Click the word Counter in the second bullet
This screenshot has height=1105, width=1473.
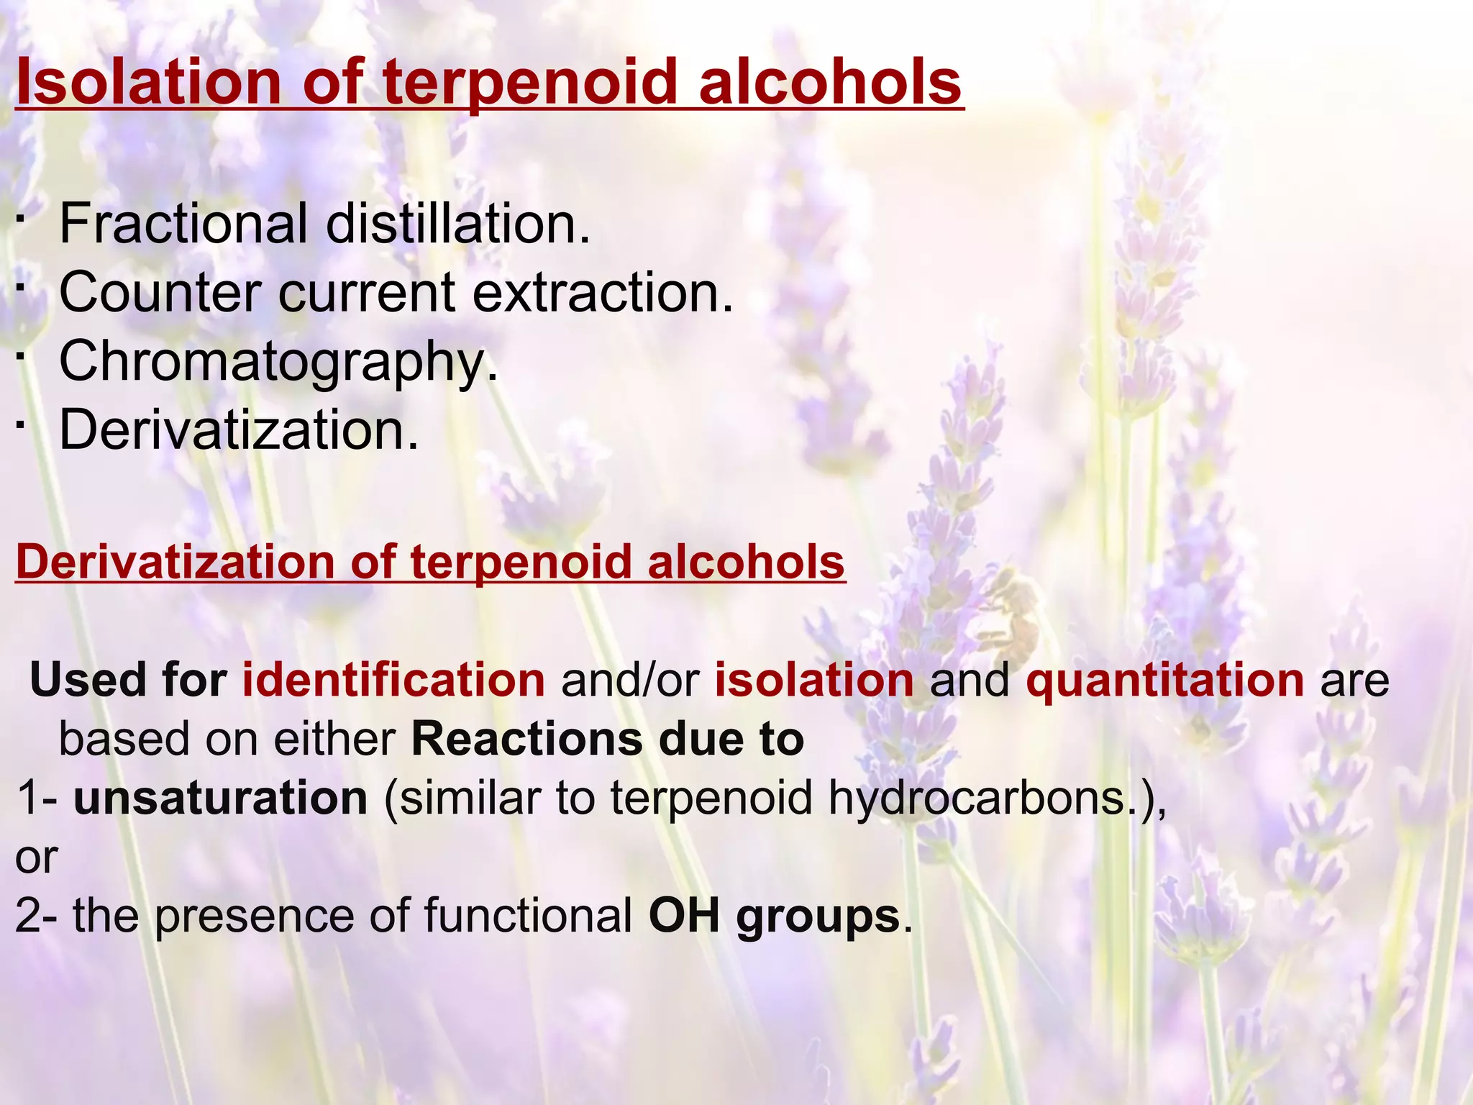coord(160,292)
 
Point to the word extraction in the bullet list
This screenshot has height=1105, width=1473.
coord(603,292)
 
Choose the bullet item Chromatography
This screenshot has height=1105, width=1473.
coord(278,362)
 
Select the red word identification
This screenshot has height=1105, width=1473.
coord(393,680)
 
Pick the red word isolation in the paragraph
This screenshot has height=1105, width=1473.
coord(813,680)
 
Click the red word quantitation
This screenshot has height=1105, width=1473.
coord(1164,680)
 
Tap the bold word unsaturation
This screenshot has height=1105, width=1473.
coord(220,798)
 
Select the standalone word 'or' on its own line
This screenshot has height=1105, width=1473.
coord(36,858)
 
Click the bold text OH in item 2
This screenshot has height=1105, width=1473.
coord(684,916)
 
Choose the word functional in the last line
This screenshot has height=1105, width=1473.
coord(528,916)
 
